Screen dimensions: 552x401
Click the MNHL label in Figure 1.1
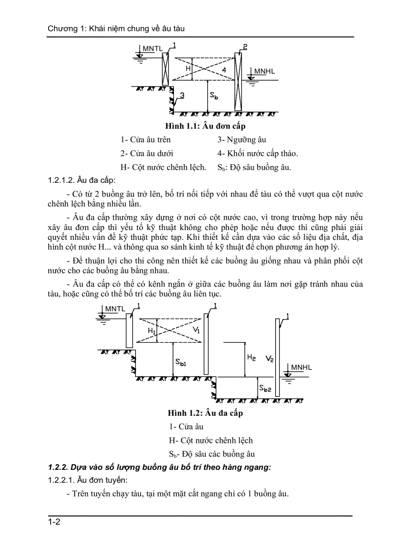tap(264, 72)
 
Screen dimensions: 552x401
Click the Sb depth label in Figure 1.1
tap(214, 96)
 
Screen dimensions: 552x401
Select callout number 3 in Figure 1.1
tap(182, 96)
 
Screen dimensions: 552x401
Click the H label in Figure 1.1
tap(188, 69)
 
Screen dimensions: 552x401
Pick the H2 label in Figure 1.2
tap(251, 358)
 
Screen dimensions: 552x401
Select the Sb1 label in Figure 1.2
tap(181, 362)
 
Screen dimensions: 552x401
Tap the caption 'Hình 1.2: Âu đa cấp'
tap(205, 413)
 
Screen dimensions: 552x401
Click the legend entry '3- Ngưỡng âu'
tap(242, 140)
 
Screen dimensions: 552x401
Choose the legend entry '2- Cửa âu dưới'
tap(146, 153)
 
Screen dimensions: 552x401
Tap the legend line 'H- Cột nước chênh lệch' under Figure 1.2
tap(210, 440)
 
